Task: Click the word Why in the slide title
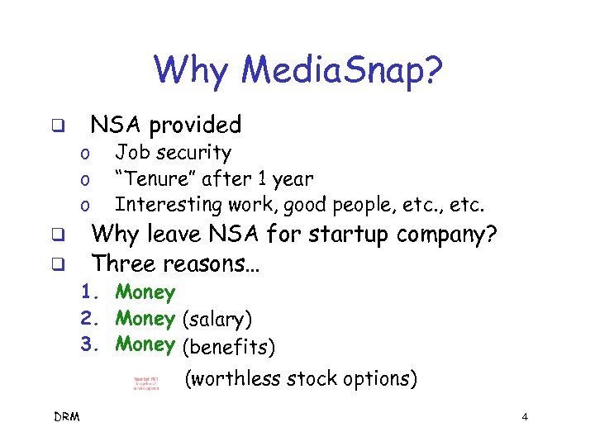pos(190,71)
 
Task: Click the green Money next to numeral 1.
pos(145,292)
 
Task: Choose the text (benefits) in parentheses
pos(227,345)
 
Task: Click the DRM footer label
pos(66,417)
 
